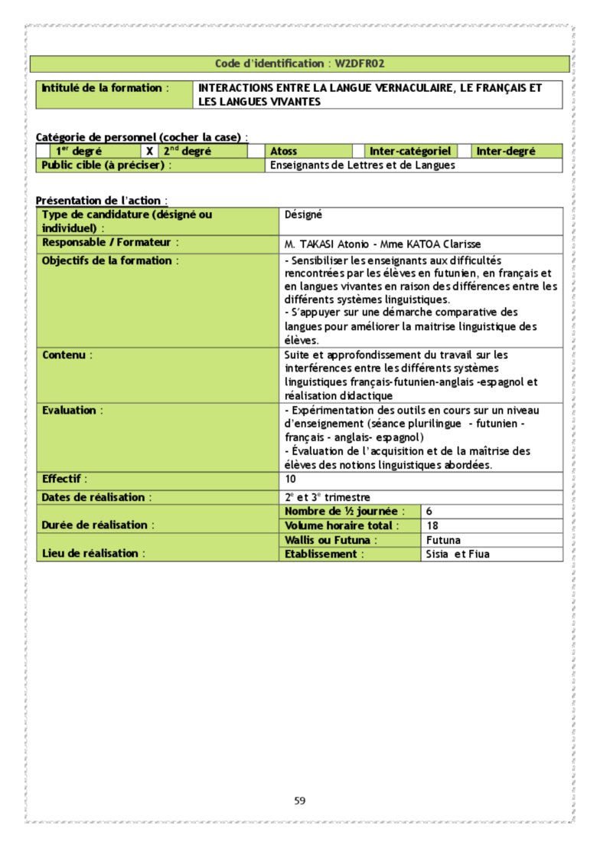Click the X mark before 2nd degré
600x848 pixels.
[150, 152]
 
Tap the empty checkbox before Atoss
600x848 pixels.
[256, 152]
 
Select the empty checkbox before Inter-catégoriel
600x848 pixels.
[357, 152]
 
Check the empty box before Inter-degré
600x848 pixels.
[463, 152]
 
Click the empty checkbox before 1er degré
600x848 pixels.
[44, 152]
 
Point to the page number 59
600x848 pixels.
[300, 801]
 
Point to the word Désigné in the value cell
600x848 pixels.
[303, 215]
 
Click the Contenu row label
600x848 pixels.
[67, 355]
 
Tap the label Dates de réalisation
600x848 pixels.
[96, 497]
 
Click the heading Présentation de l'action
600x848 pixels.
[102, 201]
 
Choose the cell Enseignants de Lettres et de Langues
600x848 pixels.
[363, 165]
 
